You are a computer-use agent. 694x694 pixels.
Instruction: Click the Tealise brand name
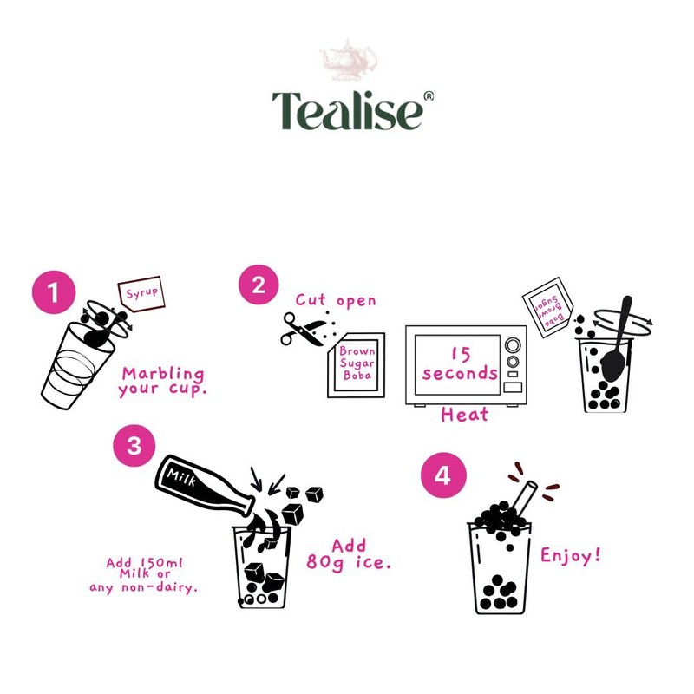(347, 109)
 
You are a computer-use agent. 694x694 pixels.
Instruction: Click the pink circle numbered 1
(55, 292)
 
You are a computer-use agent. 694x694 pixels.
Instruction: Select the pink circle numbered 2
(258, 285)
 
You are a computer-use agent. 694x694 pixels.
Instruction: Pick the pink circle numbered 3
(134, 446)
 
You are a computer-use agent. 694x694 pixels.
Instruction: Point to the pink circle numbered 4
(442, 476)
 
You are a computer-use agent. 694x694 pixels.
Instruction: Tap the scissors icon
(300, 329)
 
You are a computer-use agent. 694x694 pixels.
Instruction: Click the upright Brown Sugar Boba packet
(357, 365)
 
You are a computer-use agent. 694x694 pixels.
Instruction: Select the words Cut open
(336, 300)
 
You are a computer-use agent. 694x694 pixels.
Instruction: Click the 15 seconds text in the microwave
(460, 363)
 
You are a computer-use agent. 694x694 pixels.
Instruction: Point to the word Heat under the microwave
(464, 415)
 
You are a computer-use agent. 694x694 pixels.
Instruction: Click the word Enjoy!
(570, 555)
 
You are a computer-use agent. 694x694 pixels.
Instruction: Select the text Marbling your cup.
(162, 381)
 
